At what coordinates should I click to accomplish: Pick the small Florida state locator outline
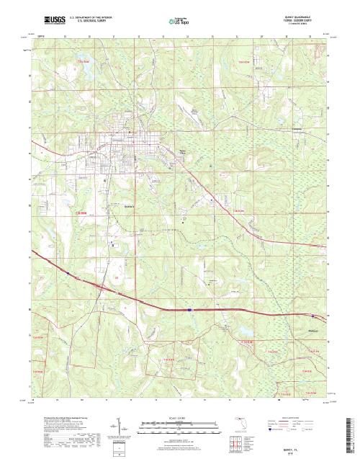pos(240,420)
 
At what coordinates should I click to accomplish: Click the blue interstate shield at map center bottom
pos(189,311)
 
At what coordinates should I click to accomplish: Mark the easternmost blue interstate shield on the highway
pos(312,316)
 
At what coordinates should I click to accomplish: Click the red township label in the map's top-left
pos(84,62)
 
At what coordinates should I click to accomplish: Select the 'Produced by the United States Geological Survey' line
pos(61,417)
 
